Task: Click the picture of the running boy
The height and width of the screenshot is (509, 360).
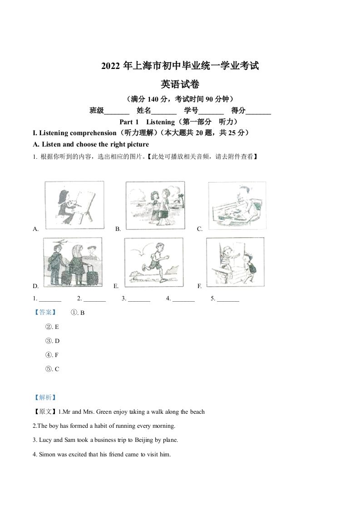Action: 153,262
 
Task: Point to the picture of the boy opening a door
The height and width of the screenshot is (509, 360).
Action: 234,262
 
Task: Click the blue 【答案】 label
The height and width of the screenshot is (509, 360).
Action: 45,313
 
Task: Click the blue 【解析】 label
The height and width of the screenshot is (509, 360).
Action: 45,397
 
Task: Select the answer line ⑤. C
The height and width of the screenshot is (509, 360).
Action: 52,369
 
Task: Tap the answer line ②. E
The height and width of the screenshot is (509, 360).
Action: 52,327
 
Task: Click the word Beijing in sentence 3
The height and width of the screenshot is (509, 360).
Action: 142,440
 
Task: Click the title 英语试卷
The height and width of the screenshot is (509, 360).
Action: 180,84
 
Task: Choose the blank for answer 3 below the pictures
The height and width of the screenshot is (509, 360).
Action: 139,299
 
